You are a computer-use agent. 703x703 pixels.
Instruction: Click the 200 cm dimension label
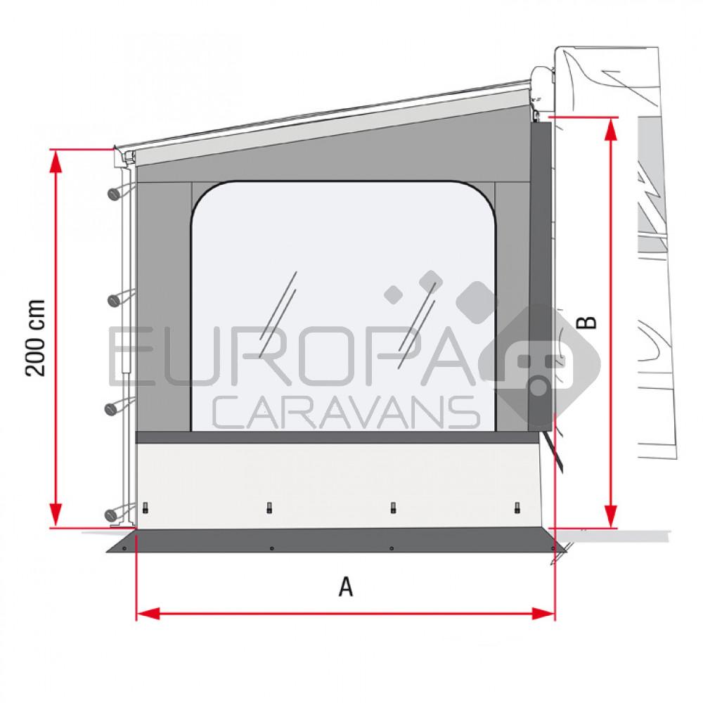pos(36,337)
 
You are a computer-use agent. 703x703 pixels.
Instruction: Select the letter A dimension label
pos(345,586)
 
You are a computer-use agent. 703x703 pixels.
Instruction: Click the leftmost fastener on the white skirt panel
pos(146,508)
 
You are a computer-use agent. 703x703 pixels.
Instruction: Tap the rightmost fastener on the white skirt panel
pos(517,507)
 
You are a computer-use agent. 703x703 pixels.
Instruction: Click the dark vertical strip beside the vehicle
pos(539,274)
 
